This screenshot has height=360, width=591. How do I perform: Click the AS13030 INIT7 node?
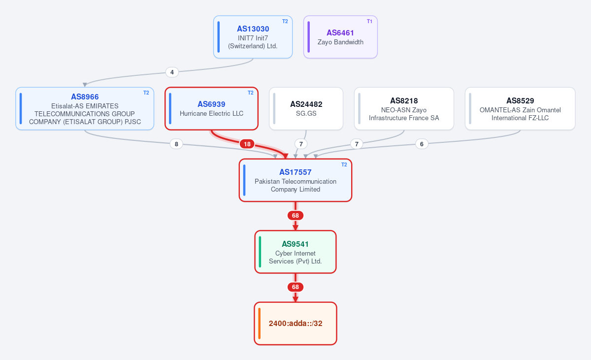[253, 37]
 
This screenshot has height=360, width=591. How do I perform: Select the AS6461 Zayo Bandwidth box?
[340, 37]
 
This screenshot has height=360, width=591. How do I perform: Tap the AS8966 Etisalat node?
[85, 108]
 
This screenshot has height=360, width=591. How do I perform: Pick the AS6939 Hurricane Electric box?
[211, 108]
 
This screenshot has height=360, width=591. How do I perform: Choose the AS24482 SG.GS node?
[306, 108]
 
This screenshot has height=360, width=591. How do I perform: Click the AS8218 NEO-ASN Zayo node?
[404, 108]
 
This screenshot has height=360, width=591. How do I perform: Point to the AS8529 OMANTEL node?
[520, 108]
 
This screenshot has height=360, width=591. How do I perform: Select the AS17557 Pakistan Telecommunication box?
[295, 180]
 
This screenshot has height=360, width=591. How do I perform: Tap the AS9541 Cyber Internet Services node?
[295, 252]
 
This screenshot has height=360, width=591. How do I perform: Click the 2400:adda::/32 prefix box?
[295, 324]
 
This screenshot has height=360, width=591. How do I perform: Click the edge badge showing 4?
[172, 72]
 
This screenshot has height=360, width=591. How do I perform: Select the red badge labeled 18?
[247, 144]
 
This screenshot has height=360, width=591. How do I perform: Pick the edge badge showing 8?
[176, 144]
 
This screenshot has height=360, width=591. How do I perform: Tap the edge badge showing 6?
[422, 144]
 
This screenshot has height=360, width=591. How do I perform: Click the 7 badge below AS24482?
[301, 144]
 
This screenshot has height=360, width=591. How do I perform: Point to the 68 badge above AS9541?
[295, 216]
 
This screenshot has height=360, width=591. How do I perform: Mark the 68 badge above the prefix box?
[295, 287]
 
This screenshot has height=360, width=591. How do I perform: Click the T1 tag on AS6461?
[370, 21]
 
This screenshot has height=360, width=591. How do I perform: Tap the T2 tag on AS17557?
[344, 164]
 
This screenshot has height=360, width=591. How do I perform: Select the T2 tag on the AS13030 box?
[285, 21]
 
